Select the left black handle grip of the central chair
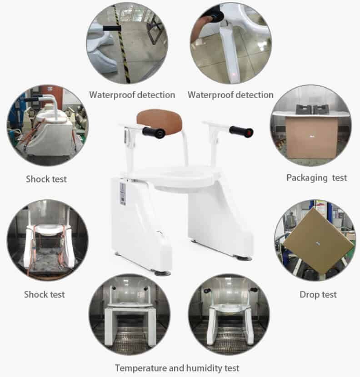153,133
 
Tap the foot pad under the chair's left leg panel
162,273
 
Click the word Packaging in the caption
304,178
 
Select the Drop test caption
318,295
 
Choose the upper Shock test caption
45,179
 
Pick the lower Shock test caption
45,295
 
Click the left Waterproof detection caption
132,95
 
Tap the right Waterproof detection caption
230,95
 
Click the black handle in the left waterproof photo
111,28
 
